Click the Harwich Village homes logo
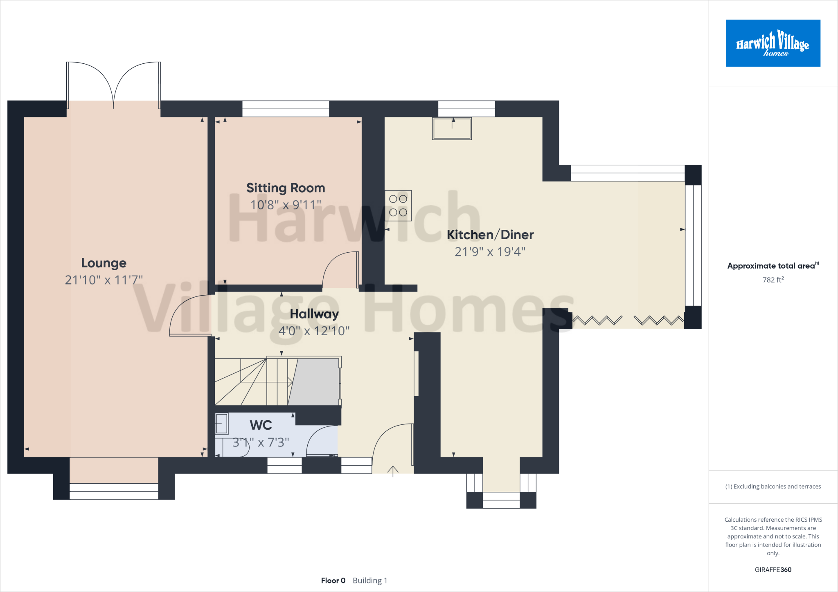point(773,43)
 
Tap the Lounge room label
point(104,263)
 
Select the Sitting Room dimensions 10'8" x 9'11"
point(286,205)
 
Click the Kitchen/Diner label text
point(490,235)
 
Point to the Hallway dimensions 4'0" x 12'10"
point(314,331)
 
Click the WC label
point(261,425)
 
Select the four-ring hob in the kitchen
point(398,206)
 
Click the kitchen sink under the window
point(452,128)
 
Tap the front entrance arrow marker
point(393,471)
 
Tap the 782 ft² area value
point(773,280)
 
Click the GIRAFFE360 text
point(773,570)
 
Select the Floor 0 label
point(333,581)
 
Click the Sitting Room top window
point(286,109)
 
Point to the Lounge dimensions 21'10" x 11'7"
point(104,280)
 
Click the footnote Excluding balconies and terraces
point(773,487)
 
